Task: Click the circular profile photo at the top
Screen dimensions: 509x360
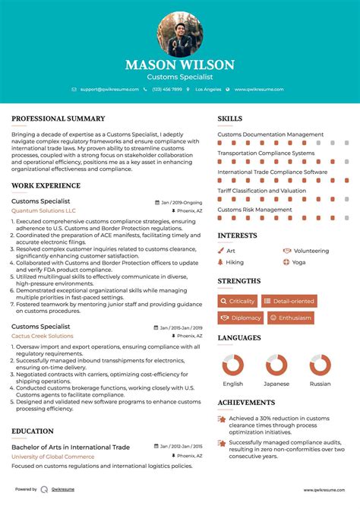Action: [x=180, y=34]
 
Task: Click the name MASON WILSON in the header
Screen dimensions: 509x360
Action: [x=180, y=65]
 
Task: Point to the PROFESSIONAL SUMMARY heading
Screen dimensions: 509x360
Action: [x=58, y=119]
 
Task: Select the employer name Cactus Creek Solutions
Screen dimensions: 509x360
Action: [x=43, y=335]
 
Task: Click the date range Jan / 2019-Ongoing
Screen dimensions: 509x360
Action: [x=182, y=203]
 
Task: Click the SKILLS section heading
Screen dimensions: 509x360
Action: [x=230, y=119]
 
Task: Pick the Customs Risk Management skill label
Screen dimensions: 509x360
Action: [x=254, y=210]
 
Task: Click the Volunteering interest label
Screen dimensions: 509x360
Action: [x=311, y=251]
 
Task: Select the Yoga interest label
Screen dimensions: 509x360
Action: [x=298, y=262]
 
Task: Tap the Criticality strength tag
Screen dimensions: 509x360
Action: [x=238, y=302]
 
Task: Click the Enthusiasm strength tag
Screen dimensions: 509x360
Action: [x=289, y=318]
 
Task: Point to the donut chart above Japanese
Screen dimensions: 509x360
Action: [x=276, y=365]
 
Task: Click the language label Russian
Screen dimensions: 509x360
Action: [x=319, y=384]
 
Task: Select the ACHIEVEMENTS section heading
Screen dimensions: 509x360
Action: [x=247, y=403]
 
